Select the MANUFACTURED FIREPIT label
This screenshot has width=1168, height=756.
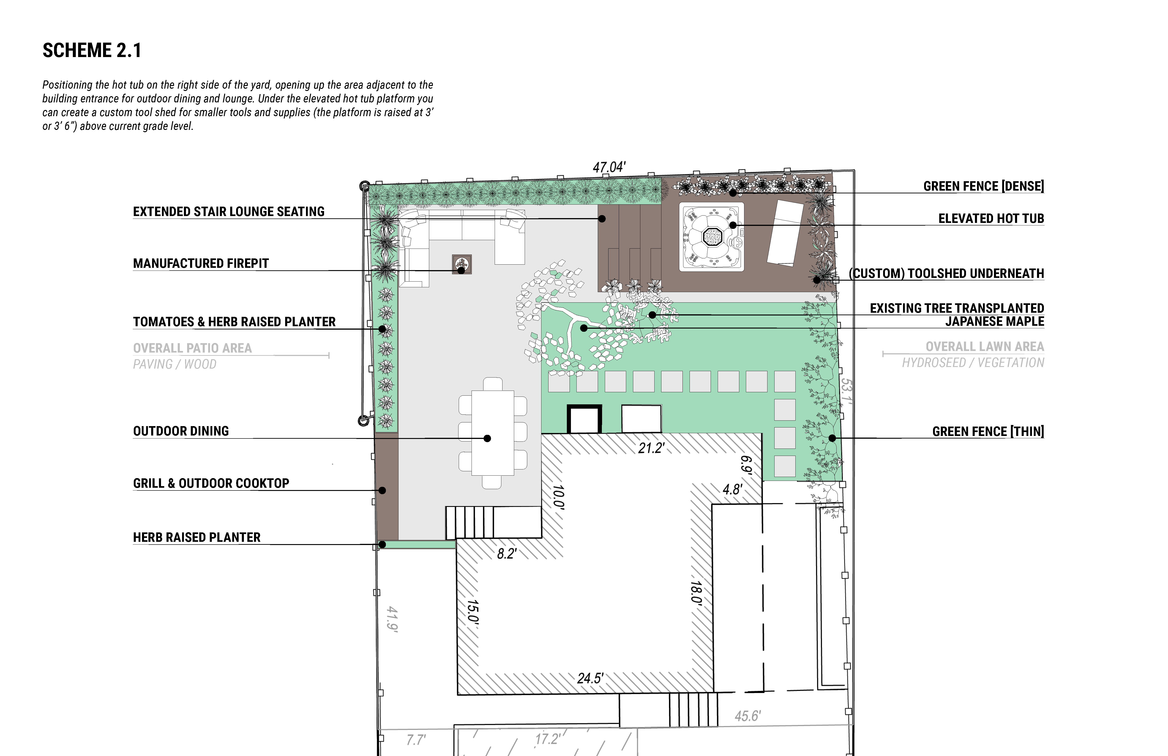pos(201,264)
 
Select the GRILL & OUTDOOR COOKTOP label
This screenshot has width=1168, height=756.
pos(211,484)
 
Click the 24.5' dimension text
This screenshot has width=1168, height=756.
pos(590,678)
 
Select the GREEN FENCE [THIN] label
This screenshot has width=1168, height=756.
pos(988,432)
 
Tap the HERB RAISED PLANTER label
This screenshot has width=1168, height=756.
pos(197,537)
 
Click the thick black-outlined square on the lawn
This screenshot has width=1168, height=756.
pos(584,419)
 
